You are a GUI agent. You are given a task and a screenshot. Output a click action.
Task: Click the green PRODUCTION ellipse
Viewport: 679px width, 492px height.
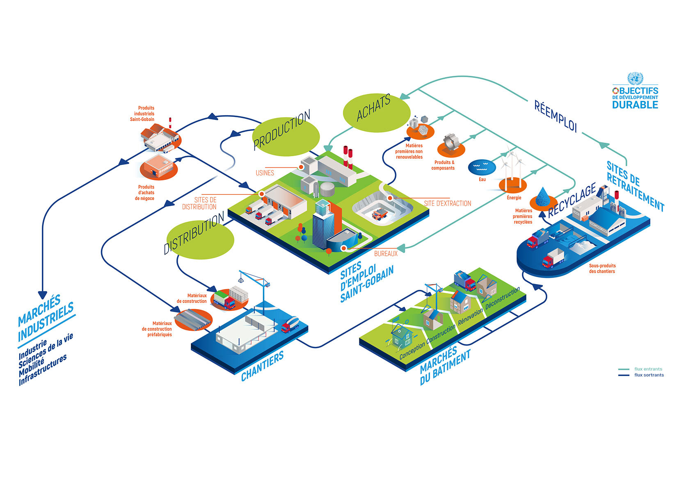286,137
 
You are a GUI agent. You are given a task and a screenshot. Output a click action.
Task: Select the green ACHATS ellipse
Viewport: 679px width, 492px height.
377,113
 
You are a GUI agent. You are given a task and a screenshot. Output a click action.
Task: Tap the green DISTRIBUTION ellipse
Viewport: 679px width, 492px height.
200,239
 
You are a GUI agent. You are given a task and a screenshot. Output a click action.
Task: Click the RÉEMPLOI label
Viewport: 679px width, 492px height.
555,116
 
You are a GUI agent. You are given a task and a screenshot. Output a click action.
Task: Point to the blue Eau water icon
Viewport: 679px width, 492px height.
482,167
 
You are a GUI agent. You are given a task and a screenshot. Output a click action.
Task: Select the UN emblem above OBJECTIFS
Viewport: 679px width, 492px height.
635,78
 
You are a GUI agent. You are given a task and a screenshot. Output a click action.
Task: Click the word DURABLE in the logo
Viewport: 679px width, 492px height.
635,105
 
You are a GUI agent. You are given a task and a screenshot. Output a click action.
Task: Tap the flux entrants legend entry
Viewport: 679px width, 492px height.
640,369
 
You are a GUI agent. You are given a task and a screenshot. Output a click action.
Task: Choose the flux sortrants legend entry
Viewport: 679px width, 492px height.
641,375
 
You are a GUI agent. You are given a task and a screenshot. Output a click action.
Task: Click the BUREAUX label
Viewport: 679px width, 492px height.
386,253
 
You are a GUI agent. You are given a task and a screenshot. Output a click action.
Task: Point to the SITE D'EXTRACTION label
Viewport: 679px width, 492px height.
448,203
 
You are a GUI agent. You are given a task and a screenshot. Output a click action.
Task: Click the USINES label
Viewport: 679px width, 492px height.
265,173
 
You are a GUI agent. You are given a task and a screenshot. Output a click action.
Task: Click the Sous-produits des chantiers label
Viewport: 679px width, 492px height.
602,269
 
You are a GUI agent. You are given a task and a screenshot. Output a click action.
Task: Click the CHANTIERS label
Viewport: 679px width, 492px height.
263,366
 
